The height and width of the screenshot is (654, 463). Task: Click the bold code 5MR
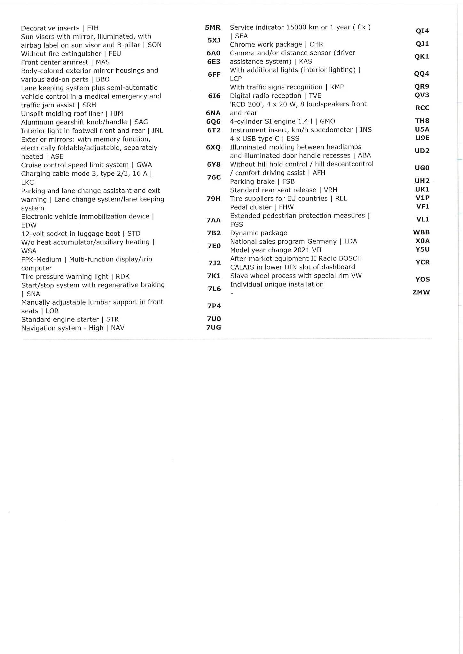(x=213, y=28)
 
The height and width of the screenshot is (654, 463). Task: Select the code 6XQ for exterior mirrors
(x=213, y=148)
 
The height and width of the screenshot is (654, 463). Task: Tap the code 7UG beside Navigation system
(x=214, y=327)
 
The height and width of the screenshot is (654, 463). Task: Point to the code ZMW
(x=421, y=292)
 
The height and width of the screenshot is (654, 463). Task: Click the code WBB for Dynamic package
(x=421, y=232)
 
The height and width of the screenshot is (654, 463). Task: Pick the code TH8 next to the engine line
(x=422, y=121)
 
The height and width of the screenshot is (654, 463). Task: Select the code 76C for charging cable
(x=214, y=178)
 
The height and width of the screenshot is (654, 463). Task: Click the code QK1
(x=422, y=57)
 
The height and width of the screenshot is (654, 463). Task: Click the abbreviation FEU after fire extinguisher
(x=115, y=54)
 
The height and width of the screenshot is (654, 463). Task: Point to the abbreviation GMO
(x=327, y=121)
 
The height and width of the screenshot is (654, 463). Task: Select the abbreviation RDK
(x=122, y=277)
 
